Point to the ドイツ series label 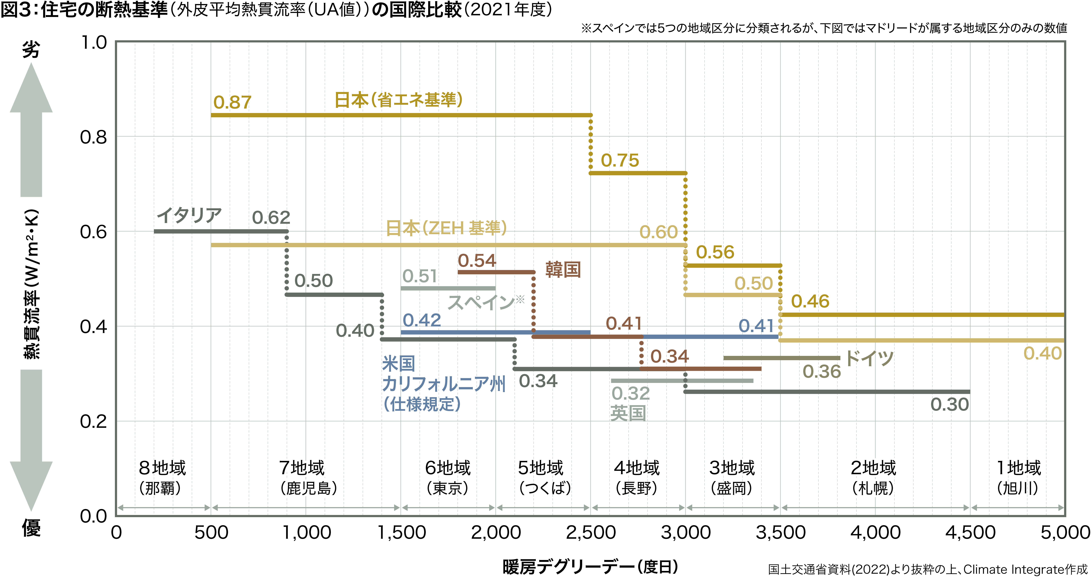tap(869, 358)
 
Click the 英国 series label tap(628, 413)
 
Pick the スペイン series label tap(482, 302)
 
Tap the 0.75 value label tap(620, 161)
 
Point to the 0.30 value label tap(949, 404)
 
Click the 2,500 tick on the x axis tap(591, 532)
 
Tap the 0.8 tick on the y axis tap(94, 137)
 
